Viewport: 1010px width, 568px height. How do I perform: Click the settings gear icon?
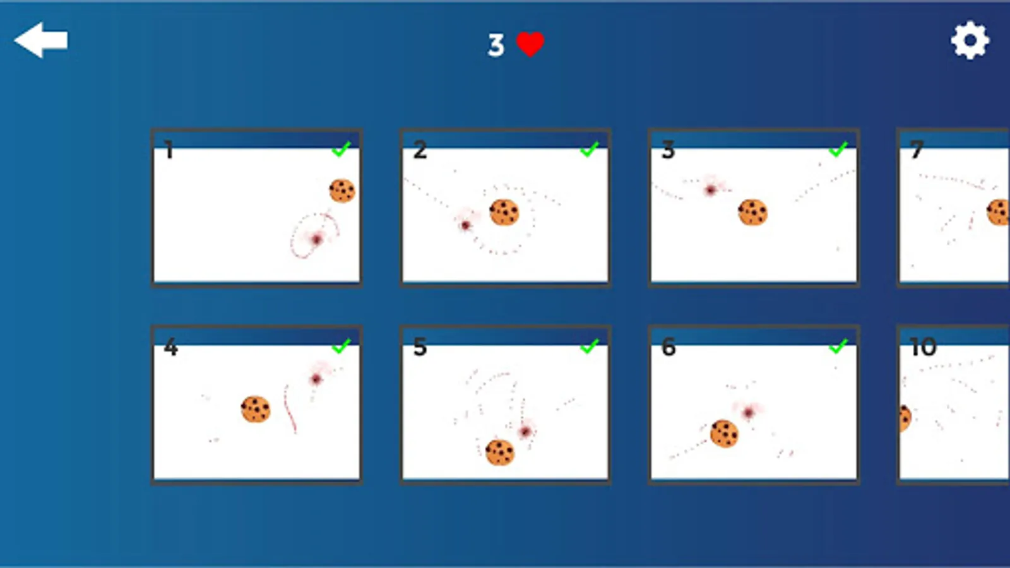click(x=970, y=40)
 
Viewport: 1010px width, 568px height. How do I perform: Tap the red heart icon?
click(x=530, y=44)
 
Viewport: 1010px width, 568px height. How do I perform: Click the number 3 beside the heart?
click(x=496, y=45)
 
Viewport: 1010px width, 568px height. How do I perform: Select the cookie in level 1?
click(x=342, y=191)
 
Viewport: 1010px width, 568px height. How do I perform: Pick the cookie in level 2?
click(x=504, y=212)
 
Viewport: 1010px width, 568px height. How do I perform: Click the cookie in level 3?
click(x=752, y=212)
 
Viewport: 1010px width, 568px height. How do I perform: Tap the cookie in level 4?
click(x=256, y=410)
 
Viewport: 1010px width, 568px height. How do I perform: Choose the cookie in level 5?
click(x=499, y=452)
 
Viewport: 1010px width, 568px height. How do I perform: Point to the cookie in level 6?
click(x=724, y=434)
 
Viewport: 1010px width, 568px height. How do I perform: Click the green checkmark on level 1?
click(x=342, y=149)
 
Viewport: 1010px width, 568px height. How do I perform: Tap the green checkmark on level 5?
click(x=590, y=346)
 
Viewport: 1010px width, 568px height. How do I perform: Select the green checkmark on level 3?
click(x=838, y=149)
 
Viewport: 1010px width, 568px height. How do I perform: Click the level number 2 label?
click(x=420, y=150)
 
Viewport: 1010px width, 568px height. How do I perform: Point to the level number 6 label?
click(x=668, y=347)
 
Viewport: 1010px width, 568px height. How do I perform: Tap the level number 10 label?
click(x=923, y=347)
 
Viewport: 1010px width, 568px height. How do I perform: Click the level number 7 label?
click(x=917, y=150)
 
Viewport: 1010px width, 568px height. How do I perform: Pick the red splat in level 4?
click(x=316, y=379)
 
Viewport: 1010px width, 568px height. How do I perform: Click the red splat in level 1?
click(x=316, y=239)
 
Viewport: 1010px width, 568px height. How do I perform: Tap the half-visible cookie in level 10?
click(x=905, y=418)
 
